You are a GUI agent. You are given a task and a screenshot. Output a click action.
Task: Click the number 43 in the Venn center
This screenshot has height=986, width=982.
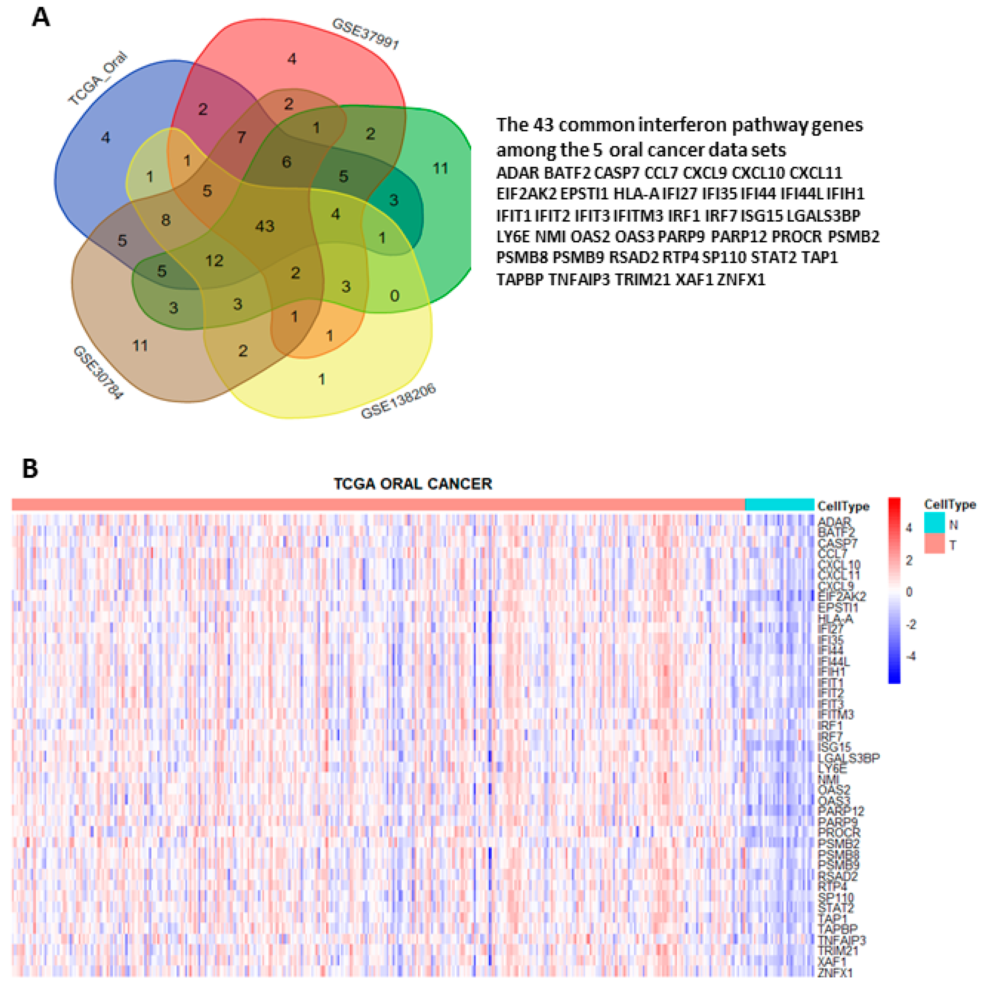click(x=264, y=226)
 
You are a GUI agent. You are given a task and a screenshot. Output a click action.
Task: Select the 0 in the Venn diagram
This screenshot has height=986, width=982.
click(x=394, y=295)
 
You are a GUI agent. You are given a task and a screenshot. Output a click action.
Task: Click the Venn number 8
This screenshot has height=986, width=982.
click(x=166, y=221)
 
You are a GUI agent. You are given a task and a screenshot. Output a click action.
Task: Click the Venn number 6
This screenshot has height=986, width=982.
click(x=286, y=162)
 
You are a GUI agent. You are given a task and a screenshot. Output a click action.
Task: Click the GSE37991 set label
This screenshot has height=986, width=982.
click(x=365, y=34)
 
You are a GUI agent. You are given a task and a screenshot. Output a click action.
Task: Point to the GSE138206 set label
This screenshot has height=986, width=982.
click(x=398, y=401)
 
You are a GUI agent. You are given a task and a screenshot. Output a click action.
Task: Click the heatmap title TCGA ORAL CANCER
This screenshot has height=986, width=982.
click(x=412, y=484)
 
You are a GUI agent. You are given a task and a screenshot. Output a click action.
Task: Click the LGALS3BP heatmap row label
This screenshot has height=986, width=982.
click(x=849, y=758)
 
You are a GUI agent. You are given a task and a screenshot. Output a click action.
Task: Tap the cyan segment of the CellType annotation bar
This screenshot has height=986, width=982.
click(x=780, y=505)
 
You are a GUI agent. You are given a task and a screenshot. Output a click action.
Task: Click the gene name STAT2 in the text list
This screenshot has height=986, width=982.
click(x=773, y=258)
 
